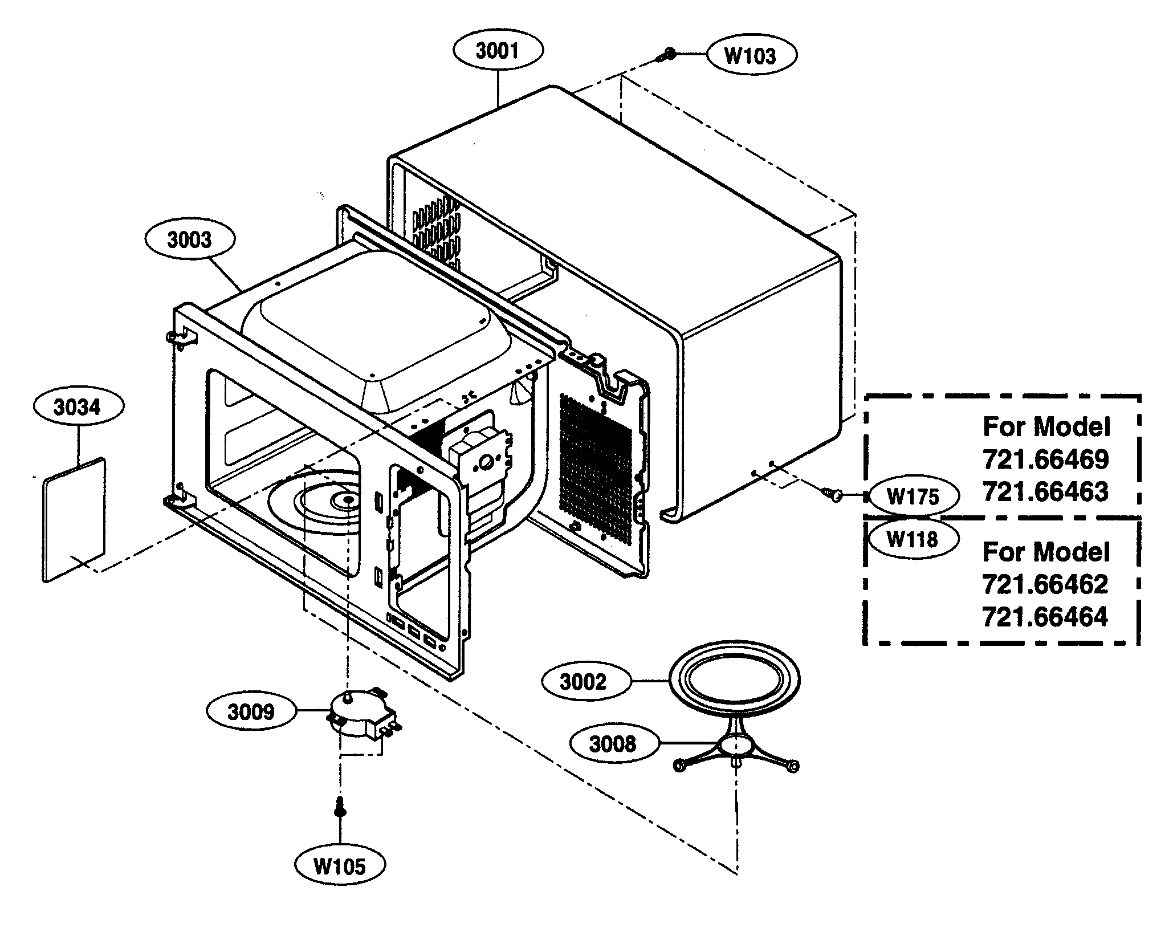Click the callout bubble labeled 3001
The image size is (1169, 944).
pos(498,51)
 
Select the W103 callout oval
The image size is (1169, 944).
pos(751,55)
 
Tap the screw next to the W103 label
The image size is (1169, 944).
pos(667,55)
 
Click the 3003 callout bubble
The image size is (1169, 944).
pos(189,240)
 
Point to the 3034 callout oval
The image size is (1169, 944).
pos(78,407)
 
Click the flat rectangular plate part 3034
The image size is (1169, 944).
pos(74,519)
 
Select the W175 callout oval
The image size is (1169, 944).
pos(913,497)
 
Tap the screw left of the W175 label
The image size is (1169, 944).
pos(833,493)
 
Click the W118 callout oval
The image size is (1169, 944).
pos(912,538)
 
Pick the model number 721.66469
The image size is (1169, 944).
pos(1046,459)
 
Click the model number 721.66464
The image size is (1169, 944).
pos(1045,617)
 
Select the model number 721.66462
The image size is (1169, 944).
pos(1045,584)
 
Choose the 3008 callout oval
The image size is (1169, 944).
pos(614,743)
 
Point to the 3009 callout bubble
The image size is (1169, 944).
pos(251,712)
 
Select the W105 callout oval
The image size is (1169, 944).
pos(340,867)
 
